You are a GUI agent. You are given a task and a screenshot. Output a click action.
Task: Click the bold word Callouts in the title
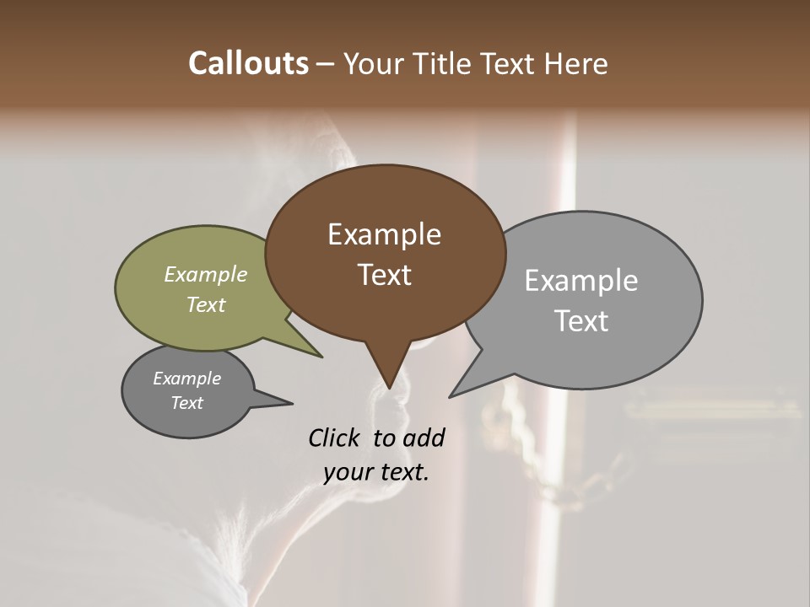248,63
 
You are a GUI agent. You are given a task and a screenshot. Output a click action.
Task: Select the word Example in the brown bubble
384,234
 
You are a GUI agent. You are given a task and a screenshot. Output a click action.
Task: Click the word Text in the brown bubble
384,275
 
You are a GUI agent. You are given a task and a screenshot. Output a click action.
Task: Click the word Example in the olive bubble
206,274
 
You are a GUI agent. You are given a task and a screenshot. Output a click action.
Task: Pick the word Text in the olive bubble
206,304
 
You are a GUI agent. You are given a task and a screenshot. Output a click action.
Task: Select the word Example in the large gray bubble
581,281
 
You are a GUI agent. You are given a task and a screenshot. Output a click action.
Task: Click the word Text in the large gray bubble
581,321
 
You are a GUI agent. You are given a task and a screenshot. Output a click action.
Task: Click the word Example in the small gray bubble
187,379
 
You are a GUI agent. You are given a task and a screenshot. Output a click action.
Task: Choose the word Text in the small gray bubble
187,403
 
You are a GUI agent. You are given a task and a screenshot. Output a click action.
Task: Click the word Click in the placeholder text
335,438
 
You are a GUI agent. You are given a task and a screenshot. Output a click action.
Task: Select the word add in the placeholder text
424,438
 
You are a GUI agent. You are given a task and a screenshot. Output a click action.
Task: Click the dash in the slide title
327,63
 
